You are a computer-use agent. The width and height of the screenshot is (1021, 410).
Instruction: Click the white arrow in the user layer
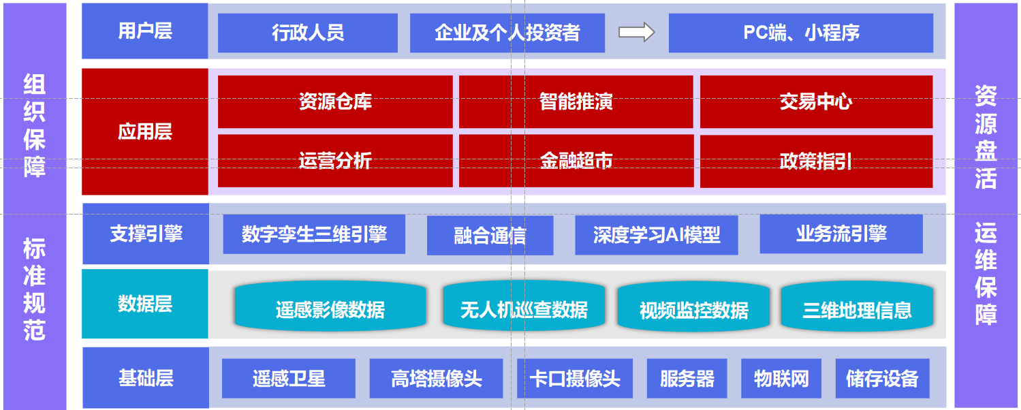point(636,32)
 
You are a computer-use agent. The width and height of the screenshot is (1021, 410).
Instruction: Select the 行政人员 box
point(307,33)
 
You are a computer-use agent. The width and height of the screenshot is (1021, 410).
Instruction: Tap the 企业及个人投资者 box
point(507,33)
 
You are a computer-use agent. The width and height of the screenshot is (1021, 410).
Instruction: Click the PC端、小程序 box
point(800,33)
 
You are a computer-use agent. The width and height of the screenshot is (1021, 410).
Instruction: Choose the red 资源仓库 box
point(335,102)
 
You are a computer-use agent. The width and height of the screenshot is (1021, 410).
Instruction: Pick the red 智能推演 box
point(576,102)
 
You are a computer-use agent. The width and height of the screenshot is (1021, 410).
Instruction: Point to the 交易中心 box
point(816,102)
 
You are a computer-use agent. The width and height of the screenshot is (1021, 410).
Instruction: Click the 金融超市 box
point(576,161)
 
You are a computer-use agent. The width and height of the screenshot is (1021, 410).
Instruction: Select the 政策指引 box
point(816,161)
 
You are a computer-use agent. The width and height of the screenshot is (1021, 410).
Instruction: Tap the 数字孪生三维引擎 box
point(314,234)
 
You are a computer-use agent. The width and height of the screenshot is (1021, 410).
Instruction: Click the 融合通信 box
point(490,236)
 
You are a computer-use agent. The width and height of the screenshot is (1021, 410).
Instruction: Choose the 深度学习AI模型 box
point(656,236)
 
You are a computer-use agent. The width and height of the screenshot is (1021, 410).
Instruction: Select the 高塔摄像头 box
point(436,379)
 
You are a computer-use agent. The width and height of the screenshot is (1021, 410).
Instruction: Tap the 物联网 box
point(781,379)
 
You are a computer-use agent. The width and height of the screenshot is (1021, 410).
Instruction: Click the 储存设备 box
point(882,379)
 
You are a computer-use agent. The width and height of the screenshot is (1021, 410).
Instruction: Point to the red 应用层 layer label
point(145,131)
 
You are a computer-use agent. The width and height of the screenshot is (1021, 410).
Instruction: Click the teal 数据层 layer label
point(145,304)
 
